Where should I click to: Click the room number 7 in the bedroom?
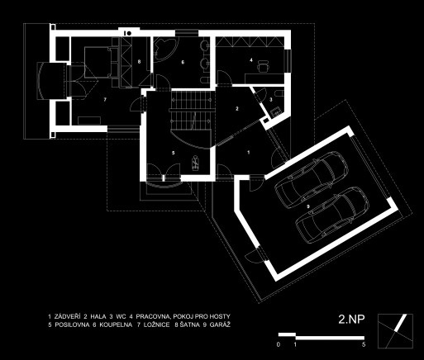pyautogui.click(x=105, y=100)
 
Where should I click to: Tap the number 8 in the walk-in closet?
pyautogui.click(x=139, y=62)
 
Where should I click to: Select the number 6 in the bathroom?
pyautogui.click(x=183, y=62)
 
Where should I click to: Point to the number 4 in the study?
pyautogui.click(x=251, y=59)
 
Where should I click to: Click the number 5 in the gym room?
pyautogui.click(x=174, y=153)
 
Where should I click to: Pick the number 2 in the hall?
pyautogui.click(x=237, y=109)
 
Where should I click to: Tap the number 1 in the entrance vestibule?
pyautogui.click(x=249, y=152)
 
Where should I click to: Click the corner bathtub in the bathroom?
pyautogui.click(x=164, y=49)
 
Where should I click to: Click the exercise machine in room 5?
pyautogui.click(x=195, y=163)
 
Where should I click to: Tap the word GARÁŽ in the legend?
pyautogui.click(x=220, y=324)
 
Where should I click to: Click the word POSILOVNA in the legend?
pyautogui.click(x=72, y=324)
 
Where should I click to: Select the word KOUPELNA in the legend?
pyautogui.click(x=116, y=324)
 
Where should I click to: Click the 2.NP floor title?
pyautogui.click(x=351, y=319)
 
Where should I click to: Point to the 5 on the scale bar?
pyautogui.click(x=364, y=344)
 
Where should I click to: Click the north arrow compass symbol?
pyautogui.click(x=395, y=331)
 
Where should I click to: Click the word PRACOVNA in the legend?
pyautogui.click(x=151, y=316)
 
